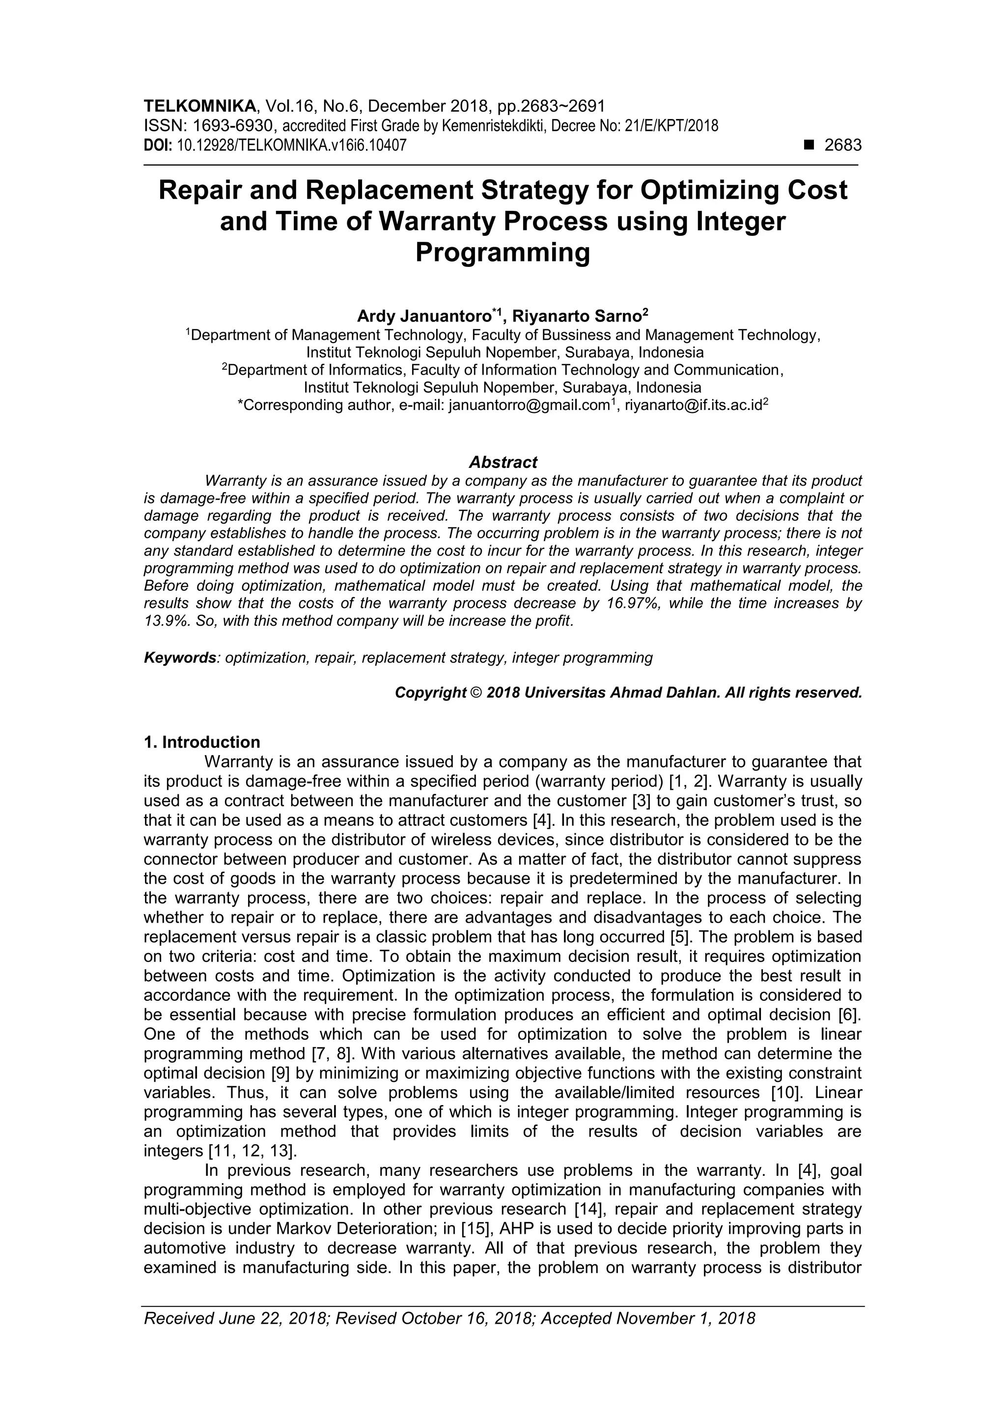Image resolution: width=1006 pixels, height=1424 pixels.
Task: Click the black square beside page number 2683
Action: click(808, 145)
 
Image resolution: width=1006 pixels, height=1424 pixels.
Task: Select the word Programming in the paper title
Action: click(502, 253)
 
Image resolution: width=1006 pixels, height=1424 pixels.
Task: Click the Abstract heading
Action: click(503, 462)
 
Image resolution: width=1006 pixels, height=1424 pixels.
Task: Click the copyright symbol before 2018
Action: click(476, 692)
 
